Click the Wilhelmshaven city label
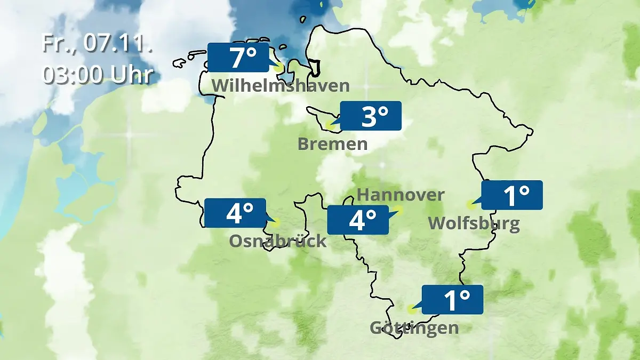point(281,85)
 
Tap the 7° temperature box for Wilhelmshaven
point(238,58)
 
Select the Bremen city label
point(333,143)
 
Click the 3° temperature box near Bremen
point(371,116)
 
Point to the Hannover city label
point(401,195)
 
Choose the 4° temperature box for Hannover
point(358,220)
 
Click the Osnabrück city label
point(278,241)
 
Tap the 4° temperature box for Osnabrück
point(235,213)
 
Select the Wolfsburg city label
point(474,223)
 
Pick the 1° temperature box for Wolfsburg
point(512,195)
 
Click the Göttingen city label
point(414,327)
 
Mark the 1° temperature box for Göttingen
point(452,299)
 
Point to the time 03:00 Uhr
point(98,74)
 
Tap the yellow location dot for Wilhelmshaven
point(278,68)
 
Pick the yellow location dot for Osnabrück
point(275,222)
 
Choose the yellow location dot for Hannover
point(398,210)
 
